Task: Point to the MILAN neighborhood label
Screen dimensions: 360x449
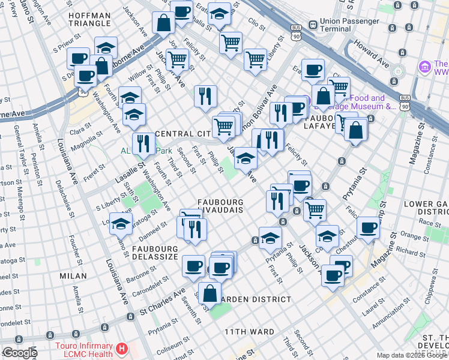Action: point(73,275)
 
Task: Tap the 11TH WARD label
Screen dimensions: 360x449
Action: point(249,332)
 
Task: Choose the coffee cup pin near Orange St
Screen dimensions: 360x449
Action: point(368,227)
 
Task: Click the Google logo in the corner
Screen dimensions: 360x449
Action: point(20,353)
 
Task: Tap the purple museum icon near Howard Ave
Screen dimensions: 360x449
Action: point(425,65)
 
